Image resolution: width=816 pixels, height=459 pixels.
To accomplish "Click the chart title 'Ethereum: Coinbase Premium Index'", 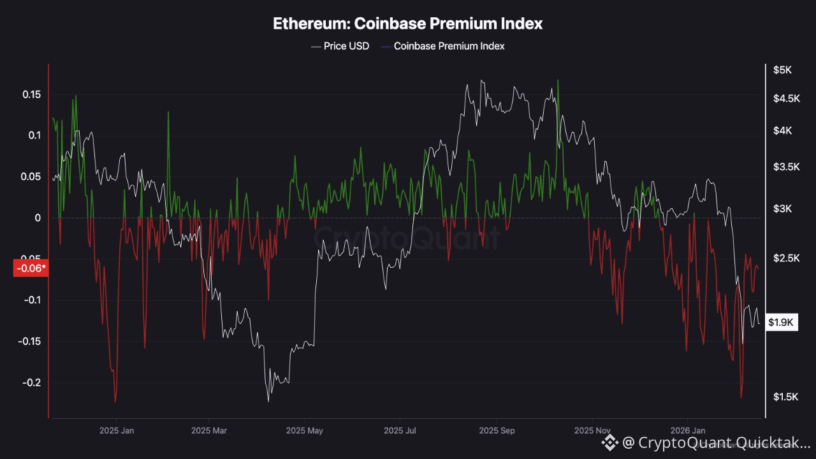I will tap(408, 24).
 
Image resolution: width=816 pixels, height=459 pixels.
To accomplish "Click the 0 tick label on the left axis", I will tap(38, 218).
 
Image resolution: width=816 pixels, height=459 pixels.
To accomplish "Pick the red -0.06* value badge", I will tap(31, 268).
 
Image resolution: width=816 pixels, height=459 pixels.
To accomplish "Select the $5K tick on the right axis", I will tap(782, 70).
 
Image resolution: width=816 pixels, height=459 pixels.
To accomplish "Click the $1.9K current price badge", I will tap(781, 323).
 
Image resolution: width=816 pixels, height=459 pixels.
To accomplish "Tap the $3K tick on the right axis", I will tap(782, 209).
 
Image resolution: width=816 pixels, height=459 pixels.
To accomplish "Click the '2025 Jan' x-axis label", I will tap(117, 431).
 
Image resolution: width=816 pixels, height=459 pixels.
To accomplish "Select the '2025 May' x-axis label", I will tap(305, 431).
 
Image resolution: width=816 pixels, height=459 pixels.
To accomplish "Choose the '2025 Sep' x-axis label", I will tap(497, 431).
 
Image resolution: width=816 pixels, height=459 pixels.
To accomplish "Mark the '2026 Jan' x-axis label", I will tap(688, 431).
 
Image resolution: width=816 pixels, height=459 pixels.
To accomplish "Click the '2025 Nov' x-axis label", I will tap(593, 431).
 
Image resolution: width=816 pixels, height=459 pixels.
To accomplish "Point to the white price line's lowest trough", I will tap(268, 401).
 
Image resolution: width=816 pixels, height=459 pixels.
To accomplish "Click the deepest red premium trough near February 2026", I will tap(741, 398).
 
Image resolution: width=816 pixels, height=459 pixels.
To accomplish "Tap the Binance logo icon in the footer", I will tap(610, 442).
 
